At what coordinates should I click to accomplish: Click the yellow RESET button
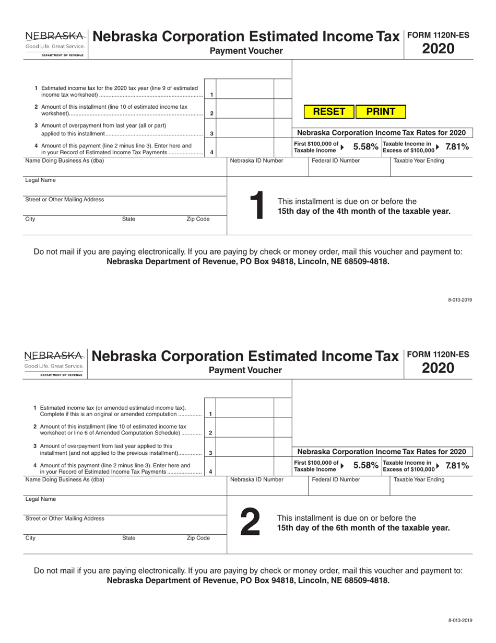329,112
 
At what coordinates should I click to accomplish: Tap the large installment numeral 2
250,523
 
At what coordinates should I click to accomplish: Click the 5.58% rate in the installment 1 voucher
365,147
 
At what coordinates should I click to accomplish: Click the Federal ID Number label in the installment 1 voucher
335,161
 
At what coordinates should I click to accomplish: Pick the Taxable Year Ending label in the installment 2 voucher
419,479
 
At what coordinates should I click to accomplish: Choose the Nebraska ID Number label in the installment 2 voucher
256,479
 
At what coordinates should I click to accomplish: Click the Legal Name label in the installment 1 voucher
40,180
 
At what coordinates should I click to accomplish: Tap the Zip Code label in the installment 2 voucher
198,538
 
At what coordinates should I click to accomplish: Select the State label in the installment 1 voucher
128,220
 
